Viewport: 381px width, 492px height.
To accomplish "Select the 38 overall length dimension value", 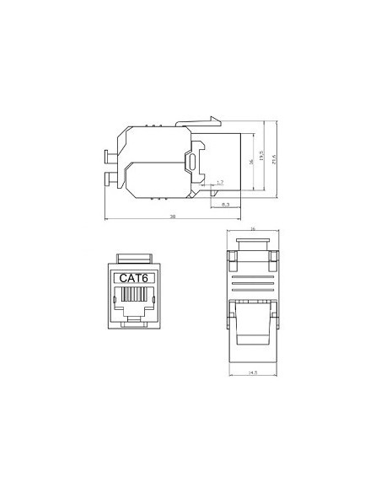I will (173, 217).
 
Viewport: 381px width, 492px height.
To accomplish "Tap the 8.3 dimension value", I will (224, 204).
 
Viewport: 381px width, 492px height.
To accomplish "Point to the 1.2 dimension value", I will (219, 182).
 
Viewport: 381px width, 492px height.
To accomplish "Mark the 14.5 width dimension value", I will (252, 372).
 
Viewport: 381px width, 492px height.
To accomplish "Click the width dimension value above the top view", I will (252, 228).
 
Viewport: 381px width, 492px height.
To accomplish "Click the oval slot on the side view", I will (193, 162).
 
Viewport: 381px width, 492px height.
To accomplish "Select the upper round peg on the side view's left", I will (108, 156).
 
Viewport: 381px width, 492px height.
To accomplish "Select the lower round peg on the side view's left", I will (108, 179).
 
